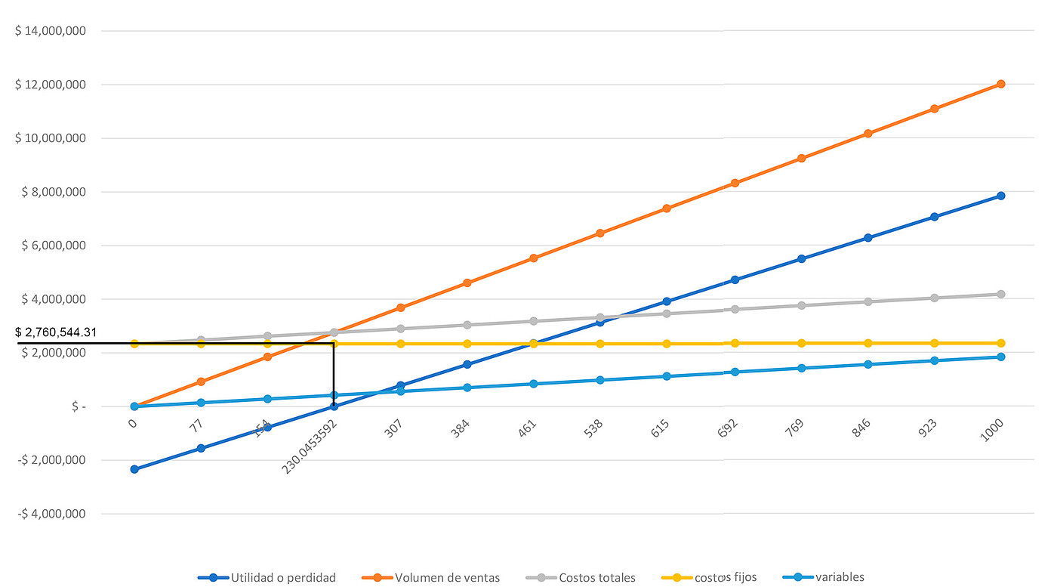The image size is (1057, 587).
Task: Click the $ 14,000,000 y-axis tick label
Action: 51,31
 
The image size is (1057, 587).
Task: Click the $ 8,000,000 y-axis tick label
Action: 51,192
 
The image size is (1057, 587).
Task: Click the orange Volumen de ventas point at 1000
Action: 1001,84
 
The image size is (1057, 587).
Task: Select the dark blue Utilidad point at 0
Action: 134,469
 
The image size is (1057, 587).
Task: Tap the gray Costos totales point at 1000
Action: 1001,294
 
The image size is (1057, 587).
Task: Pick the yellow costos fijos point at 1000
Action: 1001,343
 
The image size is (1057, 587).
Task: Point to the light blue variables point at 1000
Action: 1001,357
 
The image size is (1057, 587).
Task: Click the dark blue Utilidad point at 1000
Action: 1001,196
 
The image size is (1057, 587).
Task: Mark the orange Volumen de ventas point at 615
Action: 667,209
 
